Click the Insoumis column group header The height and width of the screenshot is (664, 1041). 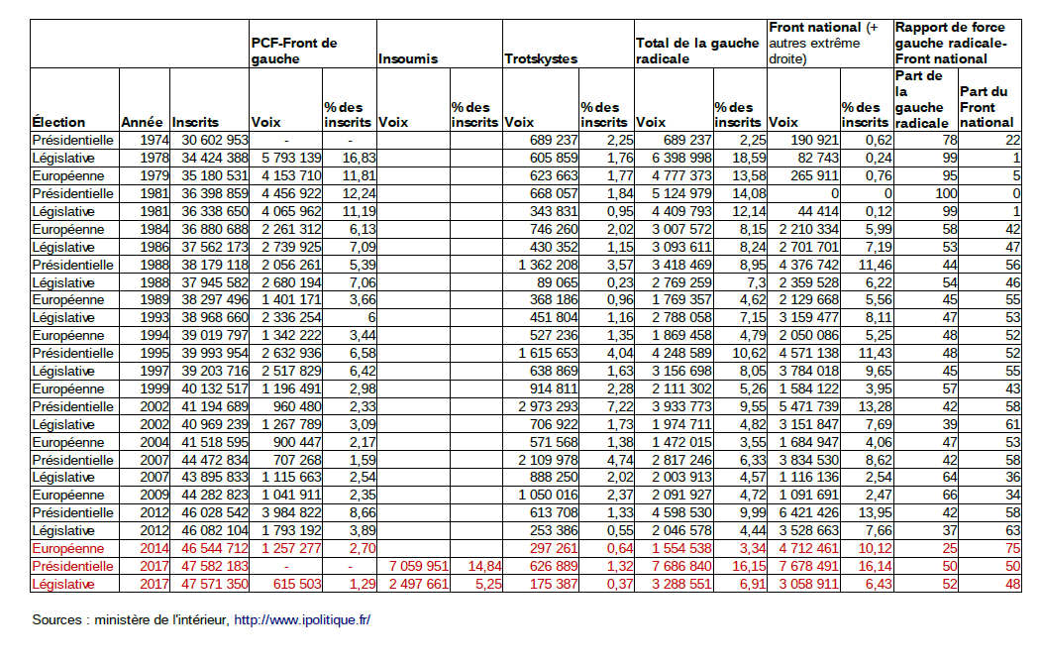click(x=408, y=58)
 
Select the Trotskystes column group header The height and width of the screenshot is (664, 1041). click(x=541, y=58)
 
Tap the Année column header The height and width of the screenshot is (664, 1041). click(x=142, y=122)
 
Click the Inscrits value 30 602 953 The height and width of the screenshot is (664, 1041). click(x=214, y=140)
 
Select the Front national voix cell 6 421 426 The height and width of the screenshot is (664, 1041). click(x=804, y=513)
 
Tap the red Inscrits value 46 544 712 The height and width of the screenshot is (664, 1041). click(x=214, y=549)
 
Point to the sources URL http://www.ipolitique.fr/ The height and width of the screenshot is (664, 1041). click(x=301, y=620)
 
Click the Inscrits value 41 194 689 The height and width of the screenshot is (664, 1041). click(x=214, y=406)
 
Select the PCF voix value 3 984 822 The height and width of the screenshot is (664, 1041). click(x=288, y=513)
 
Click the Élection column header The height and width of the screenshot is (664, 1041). click(x=58, y=122)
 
